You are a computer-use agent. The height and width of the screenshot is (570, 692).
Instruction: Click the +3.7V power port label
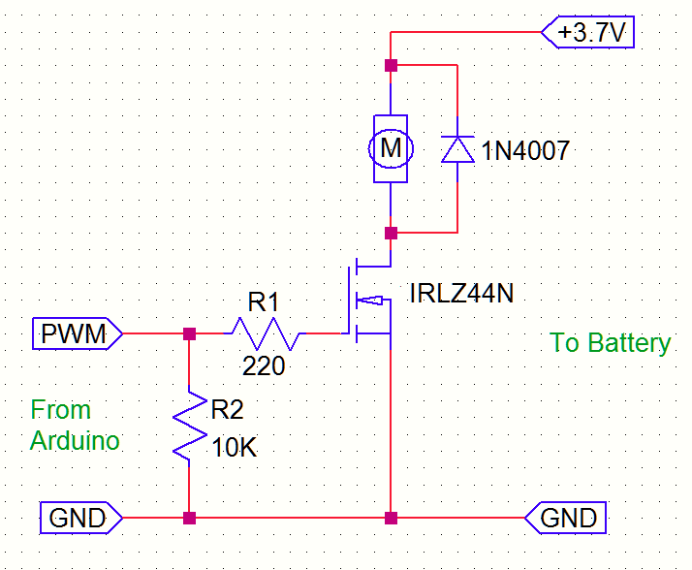click(x=590, y=33)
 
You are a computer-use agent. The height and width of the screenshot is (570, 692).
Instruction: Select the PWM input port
click(x=78, y=333)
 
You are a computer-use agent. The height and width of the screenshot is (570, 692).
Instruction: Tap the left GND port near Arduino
click(x=79, y=518)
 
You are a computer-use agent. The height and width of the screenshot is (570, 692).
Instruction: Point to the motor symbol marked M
click(x=391, y=148)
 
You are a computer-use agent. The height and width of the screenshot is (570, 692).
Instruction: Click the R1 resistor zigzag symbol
click(x=265, y=333)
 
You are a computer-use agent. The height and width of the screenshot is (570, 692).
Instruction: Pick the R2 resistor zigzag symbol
click(x=190, y=426)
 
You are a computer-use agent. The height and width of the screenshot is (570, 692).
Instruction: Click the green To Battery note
click(x=611, y=342)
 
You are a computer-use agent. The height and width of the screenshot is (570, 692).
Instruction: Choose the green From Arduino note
click(x=75, y=425)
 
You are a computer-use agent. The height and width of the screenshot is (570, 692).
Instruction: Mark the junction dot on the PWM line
click(x=190, y=333)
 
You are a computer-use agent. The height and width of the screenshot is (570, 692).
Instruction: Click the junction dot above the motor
click(x=391, y=66)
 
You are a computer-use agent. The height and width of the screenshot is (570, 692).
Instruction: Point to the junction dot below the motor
click(x=391, y=234)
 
